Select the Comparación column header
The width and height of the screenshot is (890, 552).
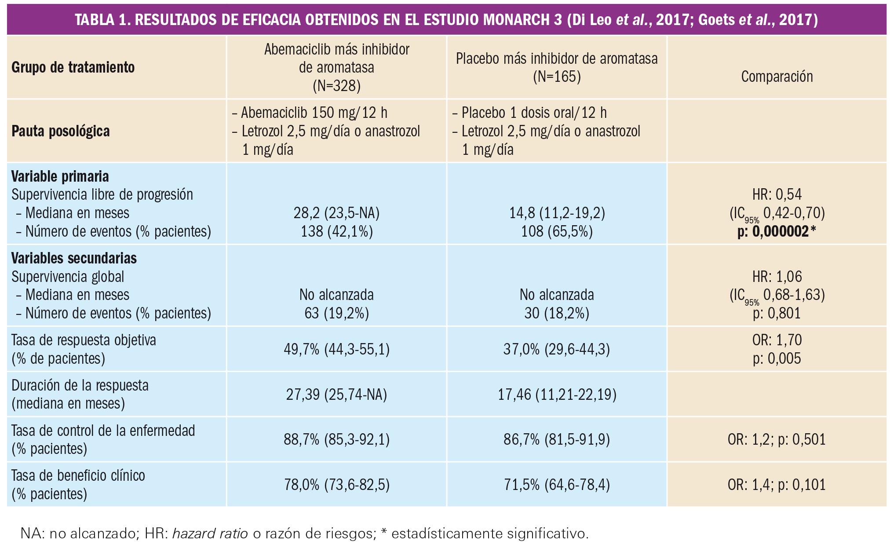777,77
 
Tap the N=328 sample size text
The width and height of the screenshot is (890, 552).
336,86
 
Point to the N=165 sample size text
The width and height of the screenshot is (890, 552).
557,77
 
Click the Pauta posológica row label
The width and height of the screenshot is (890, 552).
61,131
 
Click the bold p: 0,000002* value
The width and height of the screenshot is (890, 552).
777,232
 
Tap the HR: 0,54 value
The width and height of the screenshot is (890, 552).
777,194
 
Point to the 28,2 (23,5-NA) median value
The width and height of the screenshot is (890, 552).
336,213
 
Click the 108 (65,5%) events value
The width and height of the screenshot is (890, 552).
557,232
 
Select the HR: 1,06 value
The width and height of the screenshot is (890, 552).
777,277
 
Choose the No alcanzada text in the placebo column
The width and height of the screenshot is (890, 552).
557,295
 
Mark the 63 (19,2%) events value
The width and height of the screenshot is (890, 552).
336,313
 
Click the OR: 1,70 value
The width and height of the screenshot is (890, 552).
777,340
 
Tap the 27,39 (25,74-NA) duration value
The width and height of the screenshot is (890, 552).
336,395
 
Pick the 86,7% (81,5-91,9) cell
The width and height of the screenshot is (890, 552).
557,439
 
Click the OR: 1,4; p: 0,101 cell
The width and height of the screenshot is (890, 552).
777,485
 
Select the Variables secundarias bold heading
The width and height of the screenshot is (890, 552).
74,258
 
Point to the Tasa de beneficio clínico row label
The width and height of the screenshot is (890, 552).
78,475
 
